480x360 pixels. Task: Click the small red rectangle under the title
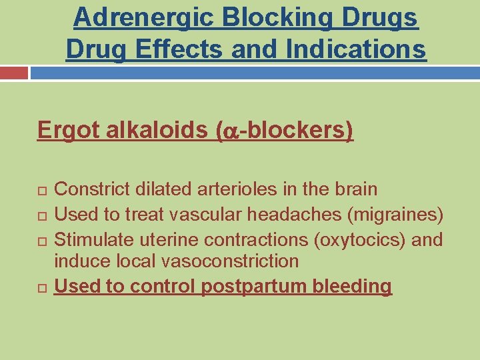coord(14,72)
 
